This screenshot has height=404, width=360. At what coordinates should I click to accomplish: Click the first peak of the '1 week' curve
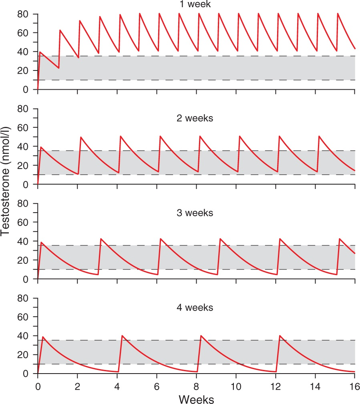coord(40,52)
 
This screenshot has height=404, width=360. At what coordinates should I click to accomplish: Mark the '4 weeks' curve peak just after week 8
coord(201,336)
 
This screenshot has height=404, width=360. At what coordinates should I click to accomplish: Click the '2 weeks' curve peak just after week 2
coord(81,137)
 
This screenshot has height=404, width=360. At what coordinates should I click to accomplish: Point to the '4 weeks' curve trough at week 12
coord(276,372)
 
